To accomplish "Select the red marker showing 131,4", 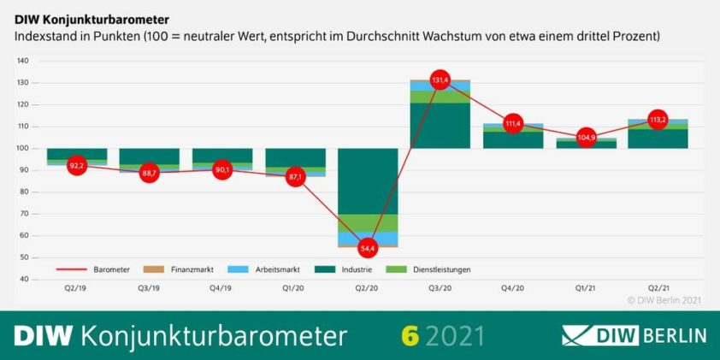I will click(x=440, y=80).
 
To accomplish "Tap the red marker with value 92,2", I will click(x=77, y=165).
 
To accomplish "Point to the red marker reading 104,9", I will click(x=586, y=138).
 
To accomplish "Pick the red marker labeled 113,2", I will click(x=658, y=120).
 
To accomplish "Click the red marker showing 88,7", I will click(x=150, y=173).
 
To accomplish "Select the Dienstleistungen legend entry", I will click(x=437, y=269).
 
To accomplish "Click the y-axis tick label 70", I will click(x=25, y=214).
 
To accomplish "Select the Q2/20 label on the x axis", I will click(x=368, y=289).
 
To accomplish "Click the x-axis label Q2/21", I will click(x=658, y=289).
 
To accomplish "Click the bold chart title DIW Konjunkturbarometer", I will click(x=91, y=18).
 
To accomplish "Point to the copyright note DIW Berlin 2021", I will click(x=664, y=300).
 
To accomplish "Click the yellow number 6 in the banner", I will click(x=410, y=334).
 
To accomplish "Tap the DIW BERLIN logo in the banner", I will click(x=634, y=334).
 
